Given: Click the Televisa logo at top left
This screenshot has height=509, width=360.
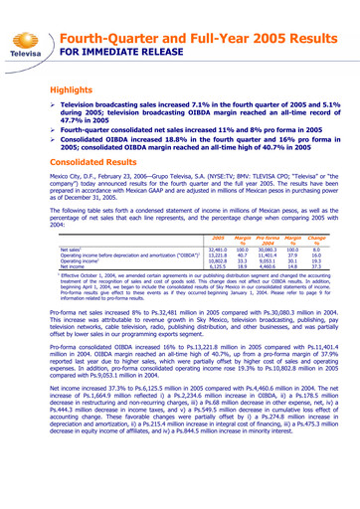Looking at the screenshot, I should [28, 34].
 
